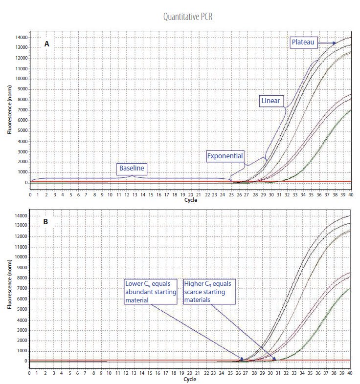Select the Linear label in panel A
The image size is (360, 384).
pyautogui.click(x=270, y=101)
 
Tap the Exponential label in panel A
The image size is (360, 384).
pyautogui.click(x=225, y=156)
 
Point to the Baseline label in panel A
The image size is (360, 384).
pyautogui.click(x=133, y=169)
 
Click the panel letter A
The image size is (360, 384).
pyautogui.click(x=47, y=44)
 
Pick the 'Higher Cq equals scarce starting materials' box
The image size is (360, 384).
pyautogui.click(x=208, y=292)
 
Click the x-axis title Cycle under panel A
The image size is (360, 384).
pyautogui.click(x=190, y=200)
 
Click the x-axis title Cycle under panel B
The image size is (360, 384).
pyautogui.click(x=190, y=379)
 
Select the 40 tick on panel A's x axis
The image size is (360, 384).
pyautogui.click(x=349, y=194)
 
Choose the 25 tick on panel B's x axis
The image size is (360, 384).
pyautogui.click(x=230, y=373)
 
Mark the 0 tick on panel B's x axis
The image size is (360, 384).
pyautogui.click(x=30, y=373)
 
